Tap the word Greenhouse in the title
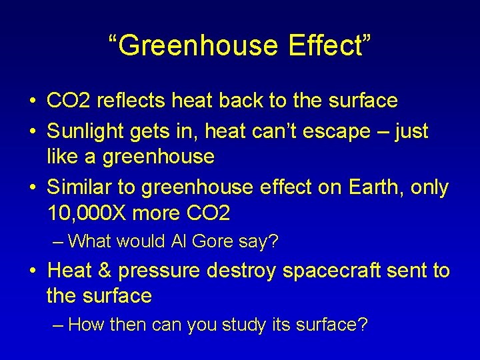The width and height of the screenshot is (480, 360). click(x=198, y=45)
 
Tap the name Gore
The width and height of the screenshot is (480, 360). click(x=211, y=241)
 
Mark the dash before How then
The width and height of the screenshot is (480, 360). click(x=57, y=325)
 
